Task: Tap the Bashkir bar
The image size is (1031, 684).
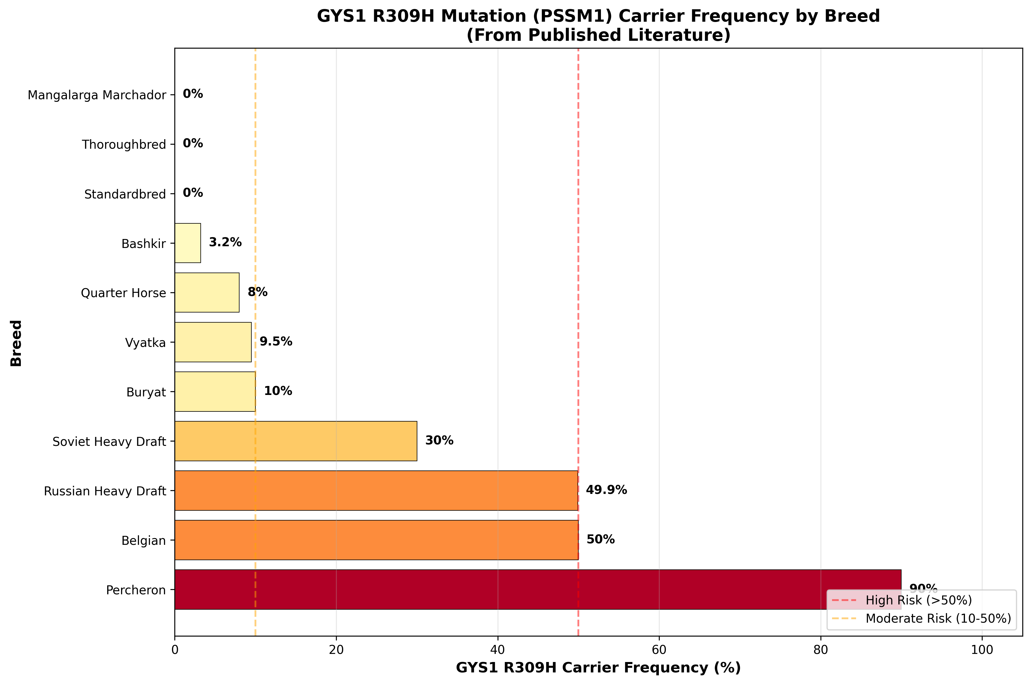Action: tap(188, 243)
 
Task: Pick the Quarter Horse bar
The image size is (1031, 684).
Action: tap(207, 292)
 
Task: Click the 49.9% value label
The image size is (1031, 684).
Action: tap(606, 490)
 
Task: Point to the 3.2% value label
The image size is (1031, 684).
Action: tap(225, 242)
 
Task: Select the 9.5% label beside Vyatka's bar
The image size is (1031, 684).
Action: tap(276, 341)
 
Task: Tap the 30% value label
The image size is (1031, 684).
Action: tap(439, 441)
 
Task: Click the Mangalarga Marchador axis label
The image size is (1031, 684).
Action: tap(97, 95)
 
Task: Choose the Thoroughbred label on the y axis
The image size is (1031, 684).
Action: tap(124, 144)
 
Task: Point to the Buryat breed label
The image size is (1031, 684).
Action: tap(146, 392)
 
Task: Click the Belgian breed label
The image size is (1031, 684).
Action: tap(144, 540)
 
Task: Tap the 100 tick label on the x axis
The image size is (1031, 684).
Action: tap(982, 650)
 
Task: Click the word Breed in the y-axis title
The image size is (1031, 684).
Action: tap(16, 343)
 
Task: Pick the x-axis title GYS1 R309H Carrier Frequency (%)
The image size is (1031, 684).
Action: tap(598, 668)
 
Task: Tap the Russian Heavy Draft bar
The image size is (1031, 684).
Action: tap(376, 490)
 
